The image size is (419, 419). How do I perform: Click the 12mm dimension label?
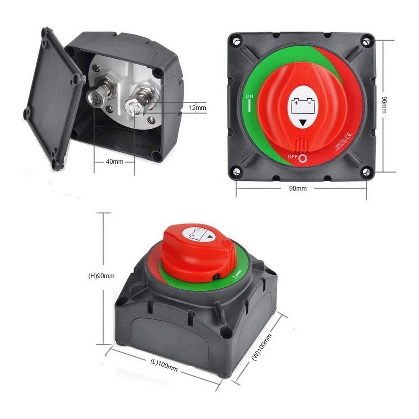(197, 108)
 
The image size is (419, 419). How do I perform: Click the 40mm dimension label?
(114, 161)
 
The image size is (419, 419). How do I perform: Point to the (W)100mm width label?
(261, 347)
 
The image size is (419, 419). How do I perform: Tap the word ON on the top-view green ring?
(250, 97)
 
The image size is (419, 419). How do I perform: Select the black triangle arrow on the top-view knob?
(302, 123)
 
